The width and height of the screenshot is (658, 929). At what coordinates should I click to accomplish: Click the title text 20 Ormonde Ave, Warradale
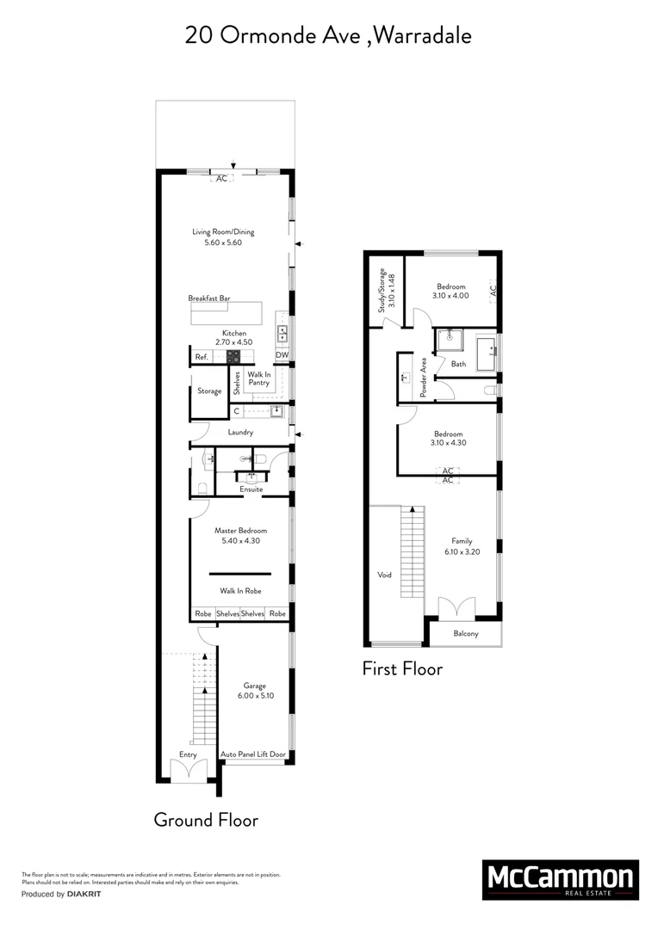328,35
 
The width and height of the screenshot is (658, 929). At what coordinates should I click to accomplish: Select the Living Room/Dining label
223,231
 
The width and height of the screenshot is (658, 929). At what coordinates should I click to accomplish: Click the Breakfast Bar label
209,298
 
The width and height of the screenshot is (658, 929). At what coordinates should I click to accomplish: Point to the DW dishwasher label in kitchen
282,355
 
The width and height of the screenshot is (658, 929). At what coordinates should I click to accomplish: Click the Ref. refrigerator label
202,356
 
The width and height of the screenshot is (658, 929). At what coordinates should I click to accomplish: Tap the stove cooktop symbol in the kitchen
233,355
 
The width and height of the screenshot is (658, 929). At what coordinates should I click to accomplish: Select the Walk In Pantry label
259,379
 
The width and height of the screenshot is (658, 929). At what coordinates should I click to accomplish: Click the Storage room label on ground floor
209,391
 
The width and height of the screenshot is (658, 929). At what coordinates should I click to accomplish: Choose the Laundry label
240,432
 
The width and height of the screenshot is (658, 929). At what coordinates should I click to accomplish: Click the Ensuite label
251,489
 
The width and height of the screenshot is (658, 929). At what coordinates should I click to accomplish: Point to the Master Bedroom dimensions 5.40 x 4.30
240,541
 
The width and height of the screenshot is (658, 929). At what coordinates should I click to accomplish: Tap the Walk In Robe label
240,591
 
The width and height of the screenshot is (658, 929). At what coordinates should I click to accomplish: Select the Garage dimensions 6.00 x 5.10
254,696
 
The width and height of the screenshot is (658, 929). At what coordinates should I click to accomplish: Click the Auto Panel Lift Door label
253,754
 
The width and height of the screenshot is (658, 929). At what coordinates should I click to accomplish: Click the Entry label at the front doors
188,754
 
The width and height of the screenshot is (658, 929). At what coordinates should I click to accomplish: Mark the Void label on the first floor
384,575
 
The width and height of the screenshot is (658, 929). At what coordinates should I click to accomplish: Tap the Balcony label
465,634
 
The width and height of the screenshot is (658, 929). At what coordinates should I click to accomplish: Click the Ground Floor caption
206,820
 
